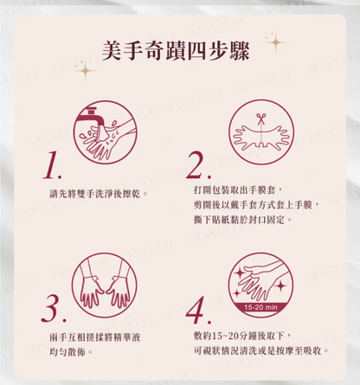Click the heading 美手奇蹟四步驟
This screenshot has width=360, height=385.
(176, 51)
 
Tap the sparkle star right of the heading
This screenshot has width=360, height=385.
(275, 42)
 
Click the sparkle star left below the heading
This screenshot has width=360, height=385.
(85, 71)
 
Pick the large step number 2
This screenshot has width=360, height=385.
(198, 164)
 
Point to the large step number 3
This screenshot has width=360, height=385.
(54, 309)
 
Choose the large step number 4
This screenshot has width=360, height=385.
(198, 311)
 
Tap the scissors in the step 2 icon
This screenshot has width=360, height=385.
(261, 118)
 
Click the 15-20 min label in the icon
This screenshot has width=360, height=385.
(260, 307)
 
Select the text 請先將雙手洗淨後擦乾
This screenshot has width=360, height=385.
(96, 194)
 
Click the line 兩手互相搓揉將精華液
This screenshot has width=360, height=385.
(95, 337)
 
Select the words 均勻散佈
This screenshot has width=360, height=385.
(67, 352)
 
